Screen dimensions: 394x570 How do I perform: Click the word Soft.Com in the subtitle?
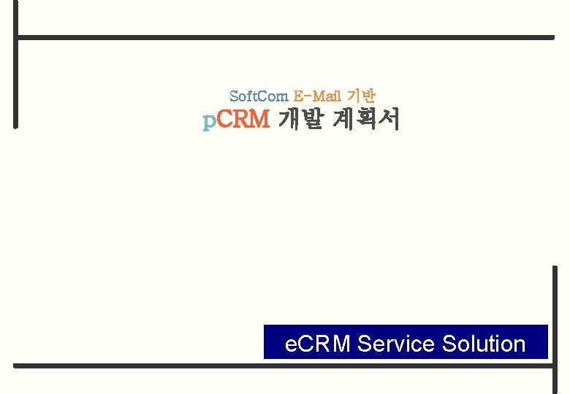(259, 96)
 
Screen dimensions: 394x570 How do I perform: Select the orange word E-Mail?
(317, 96)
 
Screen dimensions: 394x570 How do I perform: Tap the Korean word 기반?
(361, 96)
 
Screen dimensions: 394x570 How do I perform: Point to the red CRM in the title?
(244, 119)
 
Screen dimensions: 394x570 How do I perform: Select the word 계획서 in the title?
(365, 119)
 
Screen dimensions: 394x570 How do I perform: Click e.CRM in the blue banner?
(317, 343)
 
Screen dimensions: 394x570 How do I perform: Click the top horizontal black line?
(285, 36)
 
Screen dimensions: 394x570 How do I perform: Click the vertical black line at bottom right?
(555, 328)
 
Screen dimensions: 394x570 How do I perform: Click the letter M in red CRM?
(260, 119)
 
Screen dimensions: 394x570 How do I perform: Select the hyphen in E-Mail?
(308, 96)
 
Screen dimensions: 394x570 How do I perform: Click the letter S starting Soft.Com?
(233, 96)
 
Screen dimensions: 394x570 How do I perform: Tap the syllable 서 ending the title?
(389, 119)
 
